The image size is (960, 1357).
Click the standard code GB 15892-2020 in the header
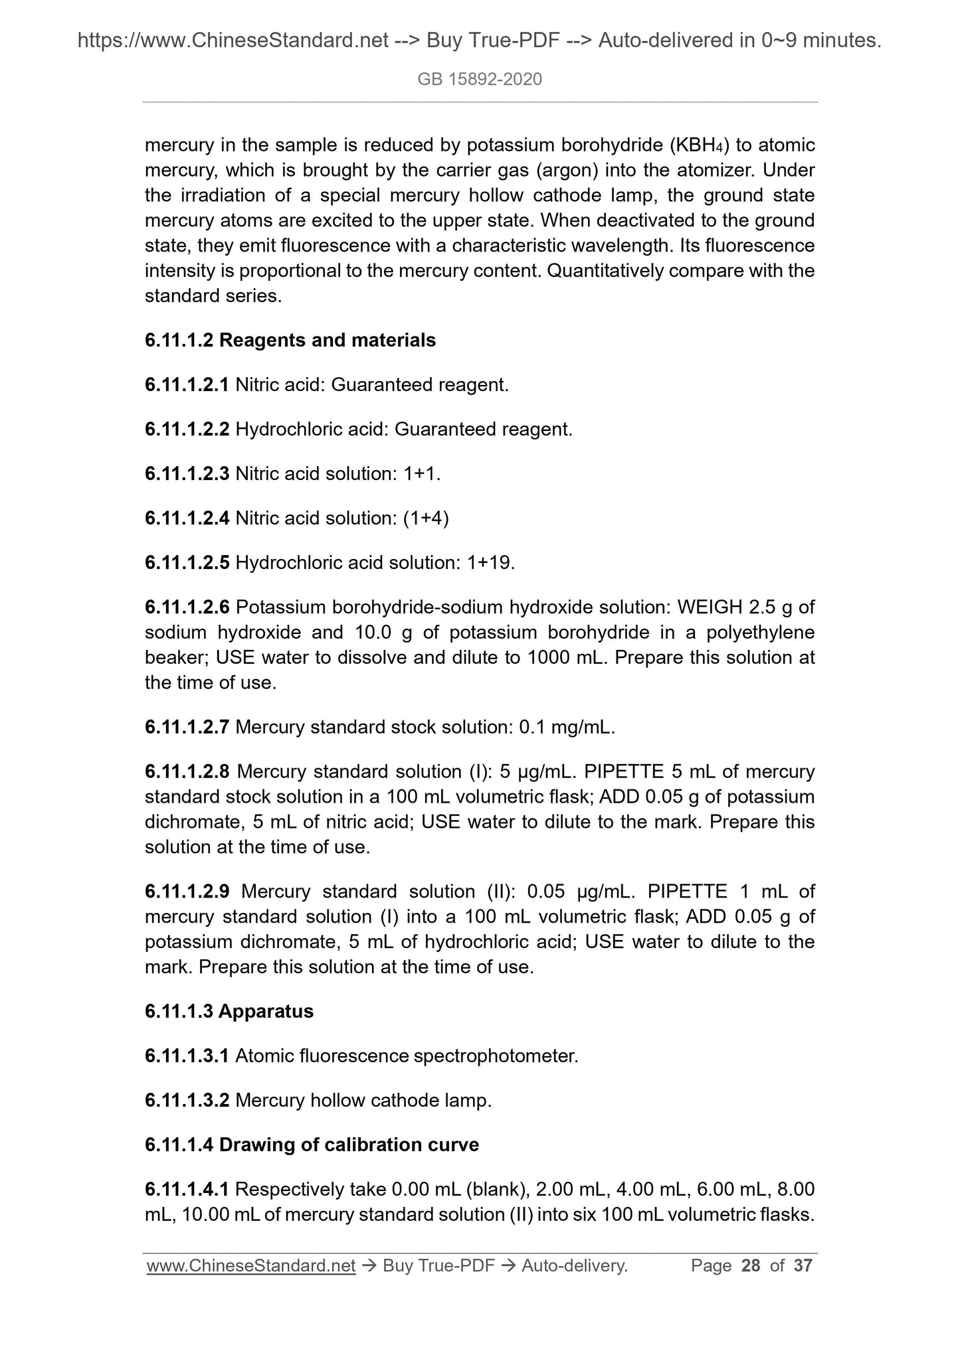click(x=480, y=80)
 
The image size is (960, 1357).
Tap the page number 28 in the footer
click(x=751, y=1265)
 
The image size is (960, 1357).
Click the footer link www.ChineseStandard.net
click(x=251, y=1266)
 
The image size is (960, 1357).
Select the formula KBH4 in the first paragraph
click(x=698, y=145)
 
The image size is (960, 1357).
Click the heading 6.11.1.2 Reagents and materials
click(x=290, y=341)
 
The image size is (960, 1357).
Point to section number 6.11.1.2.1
click(x=187, y=385)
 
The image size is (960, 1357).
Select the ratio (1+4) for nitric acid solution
click(x=426, y=519)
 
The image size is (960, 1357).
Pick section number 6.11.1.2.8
click(x=187, y=772)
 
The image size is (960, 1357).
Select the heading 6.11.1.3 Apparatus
click(x=229, y=1012)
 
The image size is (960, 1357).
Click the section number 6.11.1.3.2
click(x=187, y=1101)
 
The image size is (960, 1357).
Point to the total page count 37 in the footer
click(x=803, y=1265)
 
